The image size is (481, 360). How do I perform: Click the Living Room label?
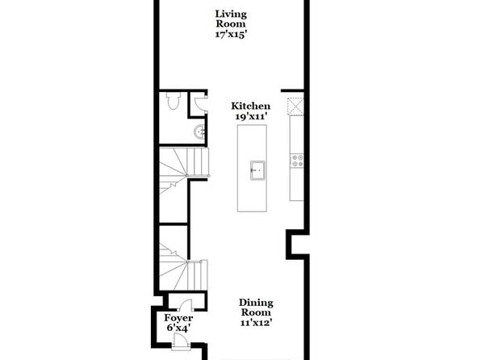click(231, 19)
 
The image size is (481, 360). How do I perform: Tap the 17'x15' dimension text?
click(231, 35)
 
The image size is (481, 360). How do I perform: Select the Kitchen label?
click(251, 107)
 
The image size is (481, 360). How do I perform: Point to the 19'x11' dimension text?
click(251, 116)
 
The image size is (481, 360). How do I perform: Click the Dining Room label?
click(256, 308)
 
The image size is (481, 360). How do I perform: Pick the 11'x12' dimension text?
click(256, 323)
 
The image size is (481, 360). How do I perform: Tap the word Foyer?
click(178, 318)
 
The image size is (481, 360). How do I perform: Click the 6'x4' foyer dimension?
click(178, 328)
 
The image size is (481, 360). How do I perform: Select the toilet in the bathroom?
click(174, 100)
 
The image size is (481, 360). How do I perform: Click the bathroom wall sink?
click(199, 132)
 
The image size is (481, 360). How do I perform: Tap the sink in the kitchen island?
click(257, 170)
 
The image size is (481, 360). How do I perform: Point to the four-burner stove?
click(297, 161)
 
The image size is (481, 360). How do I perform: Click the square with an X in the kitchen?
click(295, 107)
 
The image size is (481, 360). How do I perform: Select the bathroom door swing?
click(201, 104)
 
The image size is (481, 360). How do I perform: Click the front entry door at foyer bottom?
click(181, 341)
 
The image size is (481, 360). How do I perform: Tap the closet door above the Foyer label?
click(186, 306)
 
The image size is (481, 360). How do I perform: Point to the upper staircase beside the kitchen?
click(184, 170)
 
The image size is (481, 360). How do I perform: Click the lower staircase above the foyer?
click(183, 267)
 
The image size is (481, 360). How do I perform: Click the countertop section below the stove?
click(297, 185)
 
